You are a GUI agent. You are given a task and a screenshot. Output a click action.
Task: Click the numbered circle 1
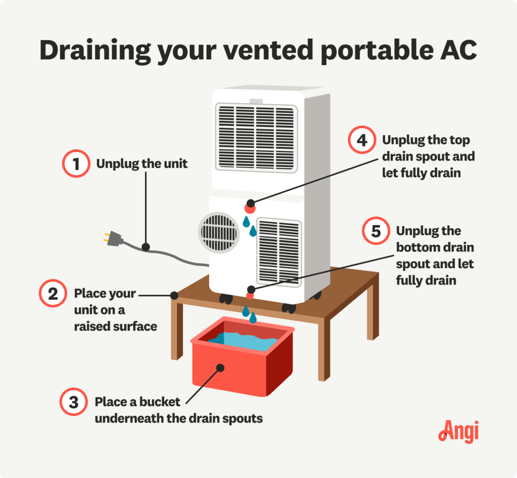(x=75, y=164)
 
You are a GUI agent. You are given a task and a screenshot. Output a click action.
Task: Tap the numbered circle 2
(x=53, y=294)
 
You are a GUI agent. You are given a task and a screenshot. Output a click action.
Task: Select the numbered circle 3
(x=73, y=403)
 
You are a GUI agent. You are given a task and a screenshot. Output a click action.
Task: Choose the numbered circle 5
(x=376, y=231)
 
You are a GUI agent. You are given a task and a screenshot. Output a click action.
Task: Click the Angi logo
(x=458, y=432)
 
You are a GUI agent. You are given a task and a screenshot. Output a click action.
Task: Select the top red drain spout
(x=249, y=207)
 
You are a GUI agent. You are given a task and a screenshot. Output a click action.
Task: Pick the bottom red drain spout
(x=250, y=295)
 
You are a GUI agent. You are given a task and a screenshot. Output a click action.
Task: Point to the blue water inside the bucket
(x=247, y=339)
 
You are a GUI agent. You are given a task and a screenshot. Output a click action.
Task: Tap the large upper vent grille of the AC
(x=256, y=137)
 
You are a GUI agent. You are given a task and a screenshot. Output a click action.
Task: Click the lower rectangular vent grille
(x=279, y=251)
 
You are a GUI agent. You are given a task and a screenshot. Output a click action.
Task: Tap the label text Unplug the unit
(x=142, y=164)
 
